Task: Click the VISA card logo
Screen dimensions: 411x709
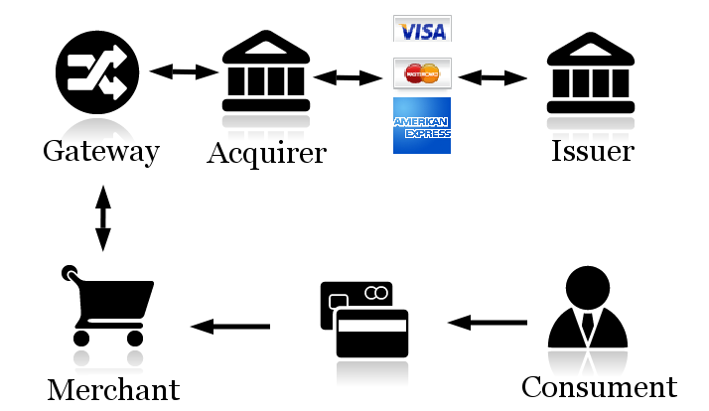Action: point(422,29)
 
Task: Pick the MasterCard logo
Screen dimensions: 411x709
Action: point(422,72)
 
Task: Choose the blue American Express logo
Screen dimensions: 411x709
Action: point(422,125)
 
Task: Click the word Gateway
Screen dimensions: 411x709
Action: point(101,152)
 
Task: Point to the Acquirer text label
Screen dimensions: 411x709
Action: point(266,153)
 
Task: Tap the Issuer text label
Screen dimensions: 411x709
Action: point(593,152)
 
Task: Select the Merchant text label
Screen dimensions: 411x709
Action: point(113,389)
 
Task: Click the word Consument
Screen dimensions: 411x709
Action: point(599,386)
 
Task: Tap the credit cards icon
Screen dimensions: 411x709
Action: point(364,319)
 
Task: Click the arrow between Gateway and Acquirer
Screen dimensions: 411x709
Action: point(183,71)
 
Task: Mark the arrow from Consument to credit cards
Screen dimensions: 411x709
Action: point(488,322)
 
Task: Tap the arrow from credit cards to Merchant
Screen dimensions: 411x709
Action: point(230,326)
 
